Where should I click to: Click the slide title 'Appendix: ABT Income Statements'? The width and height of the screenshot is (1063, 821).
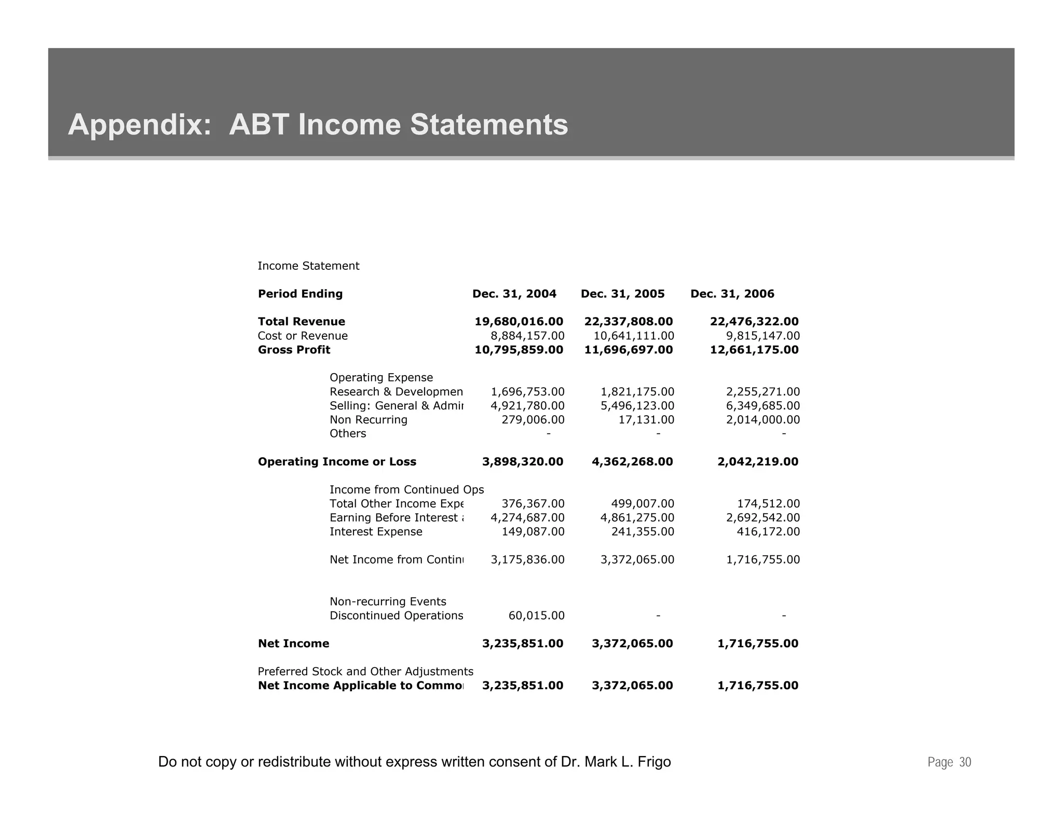[x=318, y=125]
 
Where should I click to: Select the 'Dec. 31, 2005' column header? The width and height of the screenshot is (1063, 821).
[x=622, y=294]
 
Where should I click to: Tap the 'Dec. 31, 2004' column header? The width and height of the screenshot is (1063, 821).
[x=514, y=294]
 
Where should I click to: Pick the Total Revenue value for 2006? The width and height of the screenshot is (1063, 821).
[x=754, y=322]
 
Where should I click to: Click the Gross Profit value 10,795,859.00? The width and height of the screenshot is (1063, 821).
[x=519, y=350]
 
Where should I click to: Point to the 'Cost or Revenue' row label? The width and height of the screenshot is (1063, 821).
[x=303, y=336]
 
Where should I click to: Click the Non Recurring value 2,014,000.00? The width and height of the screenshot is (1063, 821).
[x=762, y=420]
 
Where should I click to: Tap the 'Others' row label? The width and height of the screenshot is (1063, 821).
[x=348, y=434]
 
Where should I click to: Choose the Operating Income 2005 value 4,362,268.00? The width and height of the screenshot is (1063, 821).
[x=632, y=462]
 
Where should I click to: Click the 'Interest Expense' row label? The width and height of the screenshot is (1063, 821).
[x=376, y=532]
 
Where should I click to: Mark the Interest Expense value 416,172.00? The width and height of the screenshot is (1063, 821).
[x=768, y=532]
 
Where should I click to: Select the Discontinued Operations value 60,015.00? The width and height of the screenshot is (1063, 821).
[x=536, y=616]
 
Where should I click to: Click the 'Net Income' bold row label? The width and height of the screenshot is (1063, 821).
[x=293, y=644]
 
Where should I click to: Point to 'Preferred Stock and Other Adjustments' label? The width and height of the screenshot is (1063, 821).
[x=365, y=672]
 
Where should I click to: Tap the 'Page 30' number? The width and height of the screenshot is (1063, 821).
[x=949, y=762]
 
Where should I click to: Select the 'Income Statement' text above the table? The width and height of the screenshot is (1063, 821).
[x=308, y=266]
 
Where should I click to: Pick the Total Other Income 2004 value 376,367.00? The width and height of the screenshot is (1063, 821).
[x=533, y=504]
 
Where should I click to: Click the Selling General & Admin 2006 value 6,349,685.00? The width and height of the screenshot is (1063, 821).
[x=762, y=406]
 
